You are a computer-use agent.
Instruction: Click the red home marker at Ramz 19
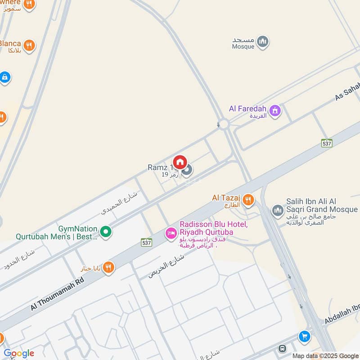[x=180, y=162]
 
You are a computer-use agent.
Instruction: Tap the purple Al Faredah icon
[x=275, y=109]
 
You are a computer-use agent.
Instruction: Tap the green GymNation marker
[x=106, y=232]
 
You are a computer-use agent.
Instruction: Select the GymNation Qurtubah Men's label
[x=56, y=232]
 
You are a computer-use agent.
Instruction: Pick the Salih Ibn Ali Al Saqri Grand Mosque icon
[x=278, y=210]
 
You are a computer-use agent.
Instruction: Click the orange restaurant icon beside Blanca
[x=29, y=45]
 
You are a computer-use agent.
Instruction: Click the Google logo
[x=19, y=353]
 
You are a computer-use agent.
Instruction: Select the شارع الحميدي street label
[x=120, y=202]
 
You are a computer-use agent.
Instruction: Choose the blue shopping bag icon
[x=5, y=77]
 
